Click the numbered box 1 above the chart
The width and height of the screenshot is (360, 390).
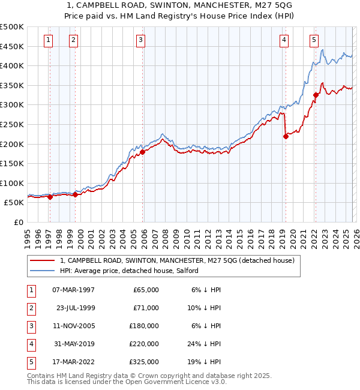(x=48, y=40)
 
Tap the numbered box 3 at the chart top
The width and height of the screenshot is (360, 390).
(x=140, y=40)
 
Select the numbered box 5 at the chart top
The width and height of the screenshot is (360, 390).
(x=314, y=40)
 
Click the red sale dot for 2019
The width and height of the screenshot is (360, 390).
(x=286, y=136)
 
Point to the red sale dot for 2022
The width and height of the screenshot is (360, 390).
(x=316, y=95)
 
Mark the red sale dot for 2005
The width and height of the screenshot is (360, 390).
(x=143, y=152)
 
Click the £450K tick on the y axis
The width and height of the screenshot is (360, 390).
(x=12, y=46)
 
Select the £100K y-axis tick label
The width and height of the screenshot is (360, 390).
(x=12, y=183)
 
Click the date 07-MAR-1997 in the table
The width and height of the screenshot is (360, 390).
(x=73, y=290)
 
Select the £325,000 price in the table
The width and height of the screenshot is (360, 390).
(x=146, y=362)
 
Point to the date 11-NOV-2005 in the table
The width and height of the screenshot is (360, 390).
(x=73, y=326)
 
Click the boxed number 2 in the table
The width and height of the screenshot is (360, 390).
(x=30, y=308)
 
